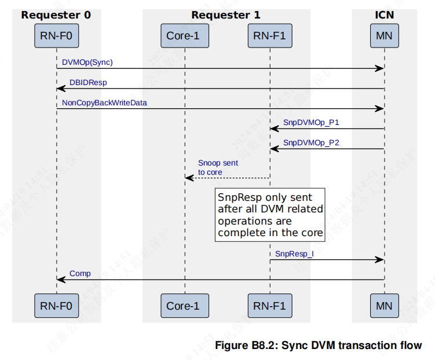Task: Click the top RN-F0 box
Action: coord(56,36)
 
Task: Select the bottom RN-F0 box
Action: coord(56,306)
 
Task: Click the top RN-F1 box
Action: coord(270,36)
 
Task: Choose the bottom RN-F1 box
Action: coord(270,306)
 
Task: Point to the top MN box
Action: coord(384,36)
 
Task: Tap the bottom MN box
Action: coord(384,306)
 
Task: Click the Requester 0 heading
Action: coord(56,15)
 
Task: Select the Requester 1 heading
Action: coord(226,15)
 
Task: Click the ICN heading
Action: coord(384,15)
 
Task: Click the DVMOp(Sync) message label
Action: coord(87,63)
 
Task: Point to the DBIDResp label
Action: coord(88,83)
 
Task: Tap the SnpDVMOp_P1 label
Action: coord(311,123)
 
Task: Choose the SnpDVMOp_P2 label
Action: coord(311,143)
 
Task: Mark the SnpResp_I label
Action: coord(294,254)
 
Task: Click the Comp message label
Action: coord(80,274)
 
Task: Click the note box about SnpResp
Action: coord(270,214)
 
